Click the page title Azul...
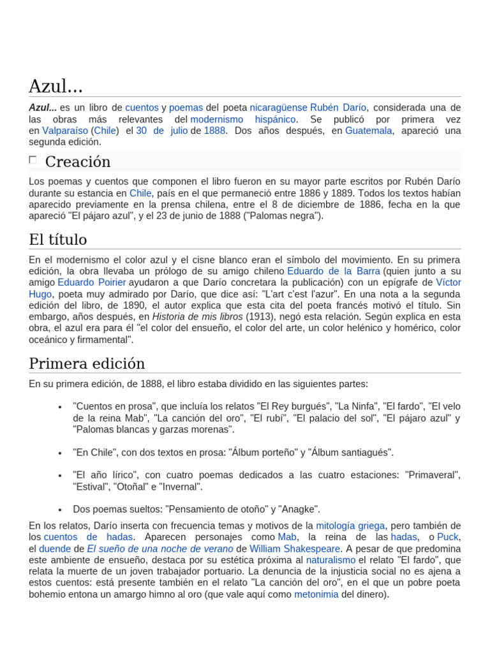click(56, 85)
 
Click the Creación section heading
click(78, 161)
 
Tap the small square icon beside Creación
click(33, 160)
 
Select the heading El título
click(58, 240)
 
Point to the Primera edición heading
click(87, 363)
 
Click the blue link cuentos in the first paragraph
click(142, 107)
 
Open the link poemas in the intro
click(186, 107)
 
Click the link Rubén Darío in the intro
click(338, 107)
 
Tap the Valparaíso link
click(66, 131)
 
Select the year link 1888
click(214, 131)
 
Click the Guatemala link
click(369, 131)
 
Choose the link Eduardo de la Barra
click(333, 270)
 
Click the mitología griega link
click(350, 525)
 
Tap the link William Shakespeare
click(295, 548)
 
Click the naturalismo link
click(330, 560)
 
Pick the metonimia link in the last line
click(316, 594)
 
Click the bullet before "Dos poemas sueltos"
click(59, 510)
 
